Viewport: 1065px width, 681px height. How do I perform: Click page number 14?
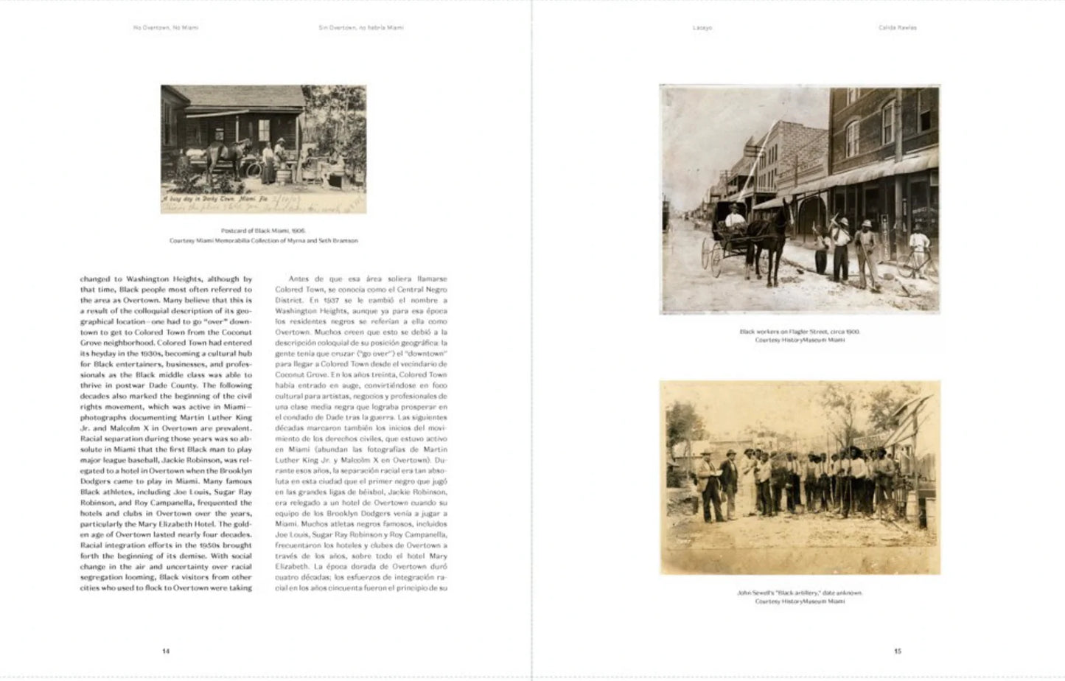click(x=166, y=651)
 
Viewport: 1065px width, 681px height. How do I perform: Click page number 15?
click(x=897, y=651)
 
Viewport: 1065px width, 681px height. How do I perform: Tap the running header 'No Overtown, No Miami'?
click(x=166, y=28)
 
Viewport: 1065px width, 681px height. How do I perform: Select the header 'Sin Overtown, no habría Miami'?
click(x=361, y=28)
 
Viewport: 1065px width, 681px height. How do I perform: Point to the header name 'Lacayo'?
click(x=702, y=28)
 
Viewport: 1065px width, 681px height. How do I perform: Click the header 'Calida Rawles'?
click(x=897, y=28)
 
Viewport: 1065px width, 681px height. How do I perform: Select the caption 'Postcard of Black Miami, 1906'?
click(x=263, y=231)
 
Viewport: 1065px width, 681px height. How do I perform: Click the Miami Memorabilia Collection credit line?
click(x=263, y=240)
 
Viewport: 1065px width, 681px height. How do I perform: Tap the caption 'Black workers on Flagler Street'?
click(x=800, y=332)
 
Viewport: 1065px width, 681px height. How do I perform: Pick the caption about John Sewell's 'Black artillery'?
click(x=800, y=593)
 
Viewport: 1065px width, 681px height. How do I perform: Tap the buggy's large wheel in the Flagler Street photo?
click(x=713, y=258)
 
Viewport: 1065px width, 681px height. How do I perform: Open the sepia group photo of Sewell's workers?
click(x=800, y=478)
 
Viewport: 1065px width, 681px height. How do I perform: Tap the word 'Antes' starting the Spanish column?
click(x=299, y=279)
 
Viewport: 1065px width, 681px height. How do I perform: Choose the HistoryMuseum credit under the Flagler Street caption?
click(x=800, y=340)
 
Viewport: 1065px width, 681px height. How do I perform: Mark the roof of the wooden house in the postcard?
click(x=236, y=96)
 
